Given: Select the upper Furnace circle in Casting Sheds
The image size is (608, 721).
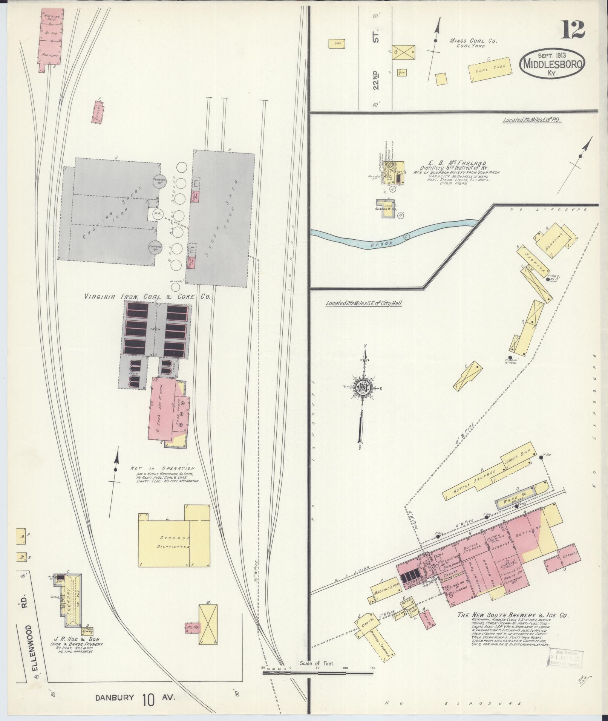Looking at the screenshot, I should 159,182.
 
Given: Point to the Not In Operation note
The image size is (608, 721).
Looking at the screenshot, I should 162,468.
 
